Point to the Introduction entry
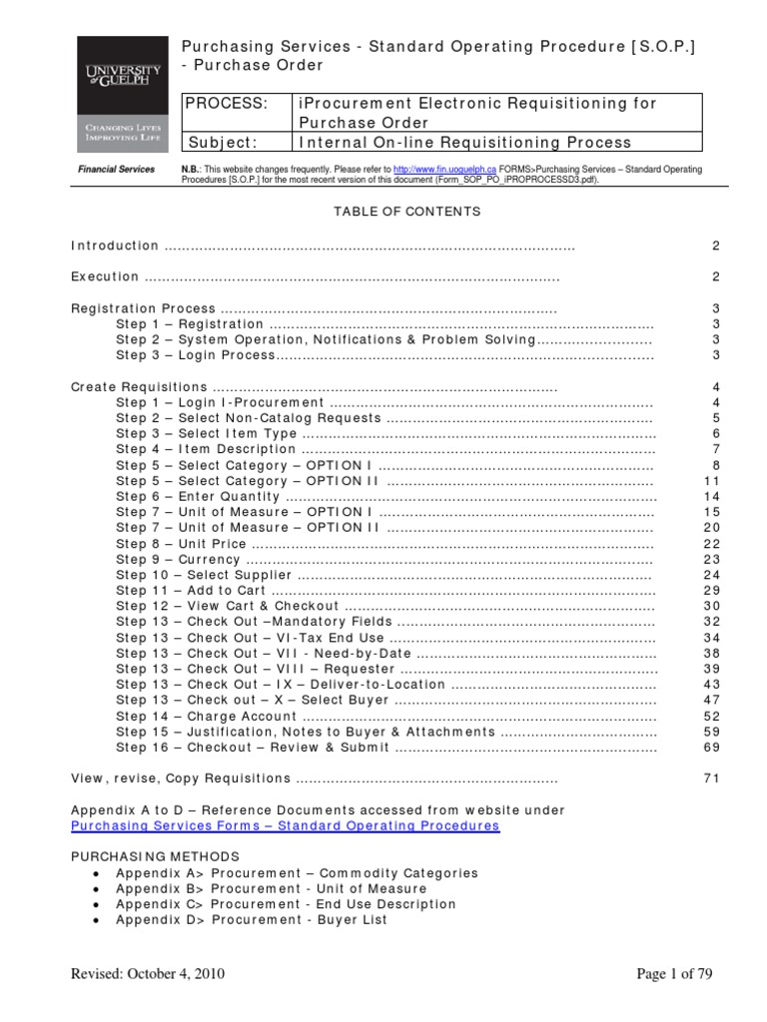[x=115, y=246]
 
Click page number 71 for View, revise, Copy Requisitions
[x=711, y=778]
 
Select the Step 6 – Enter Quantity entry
[x=198, y=496]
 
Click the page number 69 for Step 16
[x=711, y=748]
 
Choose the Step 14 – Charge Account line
[x=206, y=716]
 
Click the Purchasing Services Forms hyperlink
[x=286, y=826]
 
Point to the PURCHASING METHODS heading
[x=155, y=856]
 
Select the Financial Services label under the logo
[x=117, y=170]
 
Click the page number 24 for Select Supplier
[x=711, y=576]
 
